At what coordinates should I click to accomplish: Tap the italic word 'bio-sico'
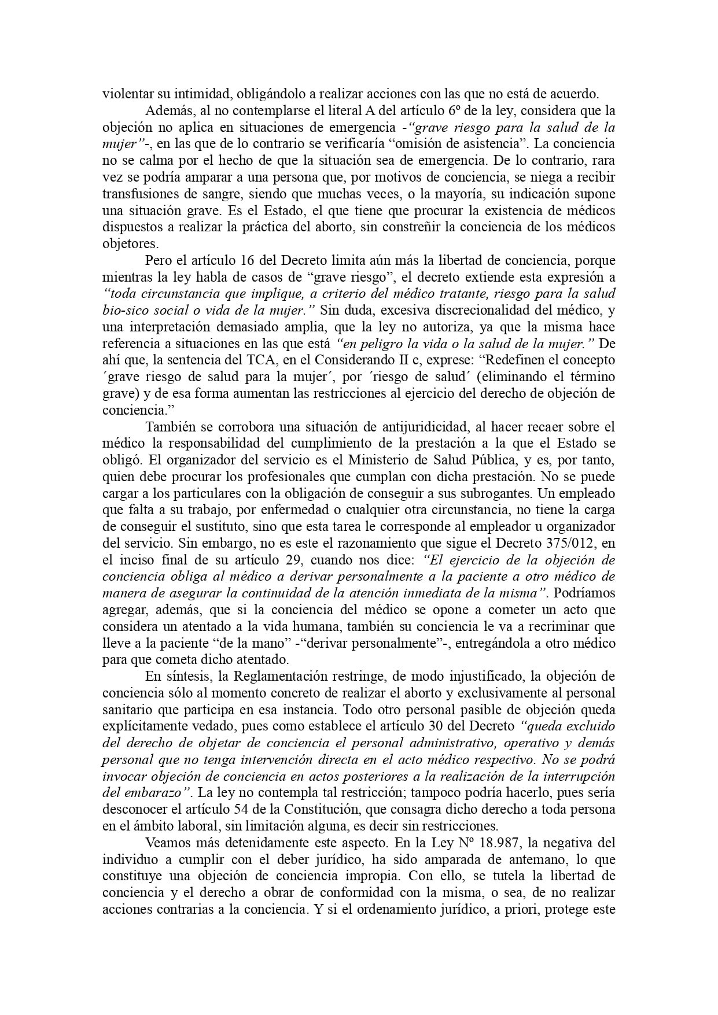tap(124, 310)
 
